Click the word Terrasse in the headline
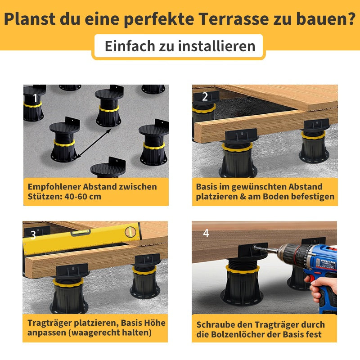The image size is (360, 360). tap(234, 19)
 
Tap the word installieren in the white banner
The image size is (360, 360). tap(217, 46)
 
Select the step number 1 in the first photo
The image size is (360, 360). tap(35, 98)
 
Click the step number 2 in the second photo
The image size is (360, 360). tap(205, 97)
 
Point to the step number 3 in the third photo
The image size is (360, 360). tap(33, 235)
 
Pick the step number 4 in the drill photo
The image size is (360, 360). tap(206, 233)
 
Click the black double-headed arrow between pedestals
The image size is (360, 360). tap(94, 143)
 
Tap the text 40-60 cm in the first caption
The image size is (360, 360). tap(83, 197)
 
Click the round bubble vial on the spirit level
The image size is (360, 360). tap(130, 232)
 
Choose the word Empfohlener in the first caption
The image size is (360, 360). tap(54, 187)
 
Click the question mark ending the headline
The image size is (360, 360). tap(351, 18)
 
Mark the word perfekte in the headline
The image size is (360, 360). tap(159, 19)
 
